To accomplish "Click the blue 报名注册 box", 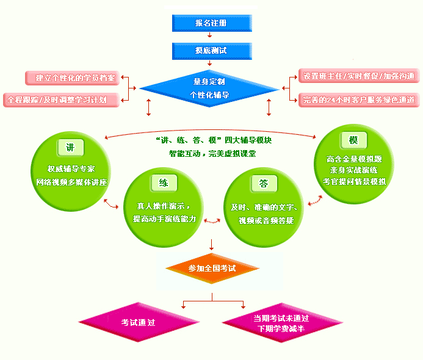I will [211, 23].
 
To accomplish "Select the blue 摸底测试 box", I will [211, 51].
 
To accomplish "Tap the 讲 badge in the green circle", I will [71, 148].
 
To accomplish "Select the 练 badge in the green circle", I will [164, 183].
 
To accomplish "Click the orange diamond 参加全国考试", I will [212, 268].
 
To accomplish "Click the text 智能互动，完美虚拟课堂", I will [212, 154].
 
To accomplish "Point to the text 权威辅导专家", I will [71, 169].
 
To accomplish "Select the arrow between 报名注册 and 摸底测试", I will [211, 37].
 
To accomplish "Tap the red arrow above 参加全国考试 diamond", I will [211, 245].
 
